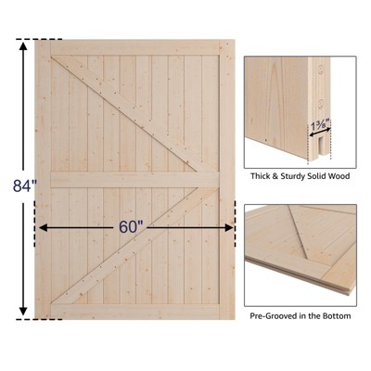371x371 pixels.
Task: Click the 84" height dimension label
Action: [x=25, y=186]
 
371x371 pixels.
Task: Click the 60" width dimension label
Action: [x=132, y=227]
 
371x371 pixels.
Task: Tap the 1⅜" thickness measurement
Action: [x=320, y=125]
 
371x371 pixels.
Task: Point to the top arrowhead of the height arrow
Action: [x=23, y=45]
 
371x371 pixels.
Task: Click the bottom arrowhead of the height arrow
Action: [x=23, y=312]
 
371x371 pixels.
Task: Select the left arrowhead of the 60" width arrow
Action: [x=43, y=228]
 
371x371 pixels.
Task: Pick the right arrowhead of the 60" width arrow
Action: [x=229, y=228]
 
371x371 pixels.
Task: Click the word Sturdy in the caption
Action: [x=290, y=176]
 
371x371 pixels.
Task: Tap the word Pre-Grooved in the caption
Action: [x=272, y=316]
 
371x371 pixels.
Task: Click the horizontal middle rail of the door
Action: [x=135, y=180]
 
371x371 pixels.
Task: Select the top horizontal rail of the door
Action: [x=135, y=47]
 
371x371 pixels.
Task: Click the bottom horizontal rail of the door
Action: [x=135, y=312]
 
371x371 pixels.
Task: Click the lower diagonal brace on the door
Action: [x=135, y=246]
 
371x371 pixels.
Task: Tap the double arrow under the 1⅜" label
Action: [x=320, y=132]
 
